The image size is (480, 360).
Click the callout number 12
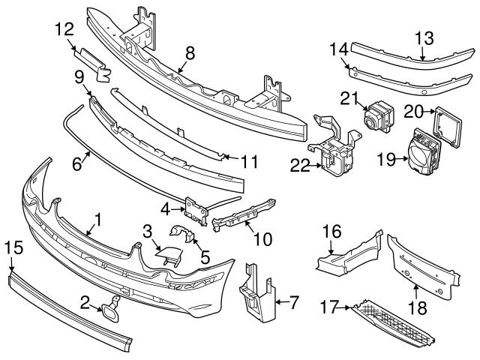coord(64,31)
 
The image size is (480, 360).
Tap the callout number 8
coord(190,52)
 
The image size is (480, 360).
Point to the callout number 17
coord(331,306)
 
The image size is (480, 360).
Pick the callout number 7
coord(293,303)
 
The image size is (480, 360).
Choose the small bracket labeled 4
coord(197,210)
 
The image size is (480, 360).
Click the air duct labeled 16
coord(349,253)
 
